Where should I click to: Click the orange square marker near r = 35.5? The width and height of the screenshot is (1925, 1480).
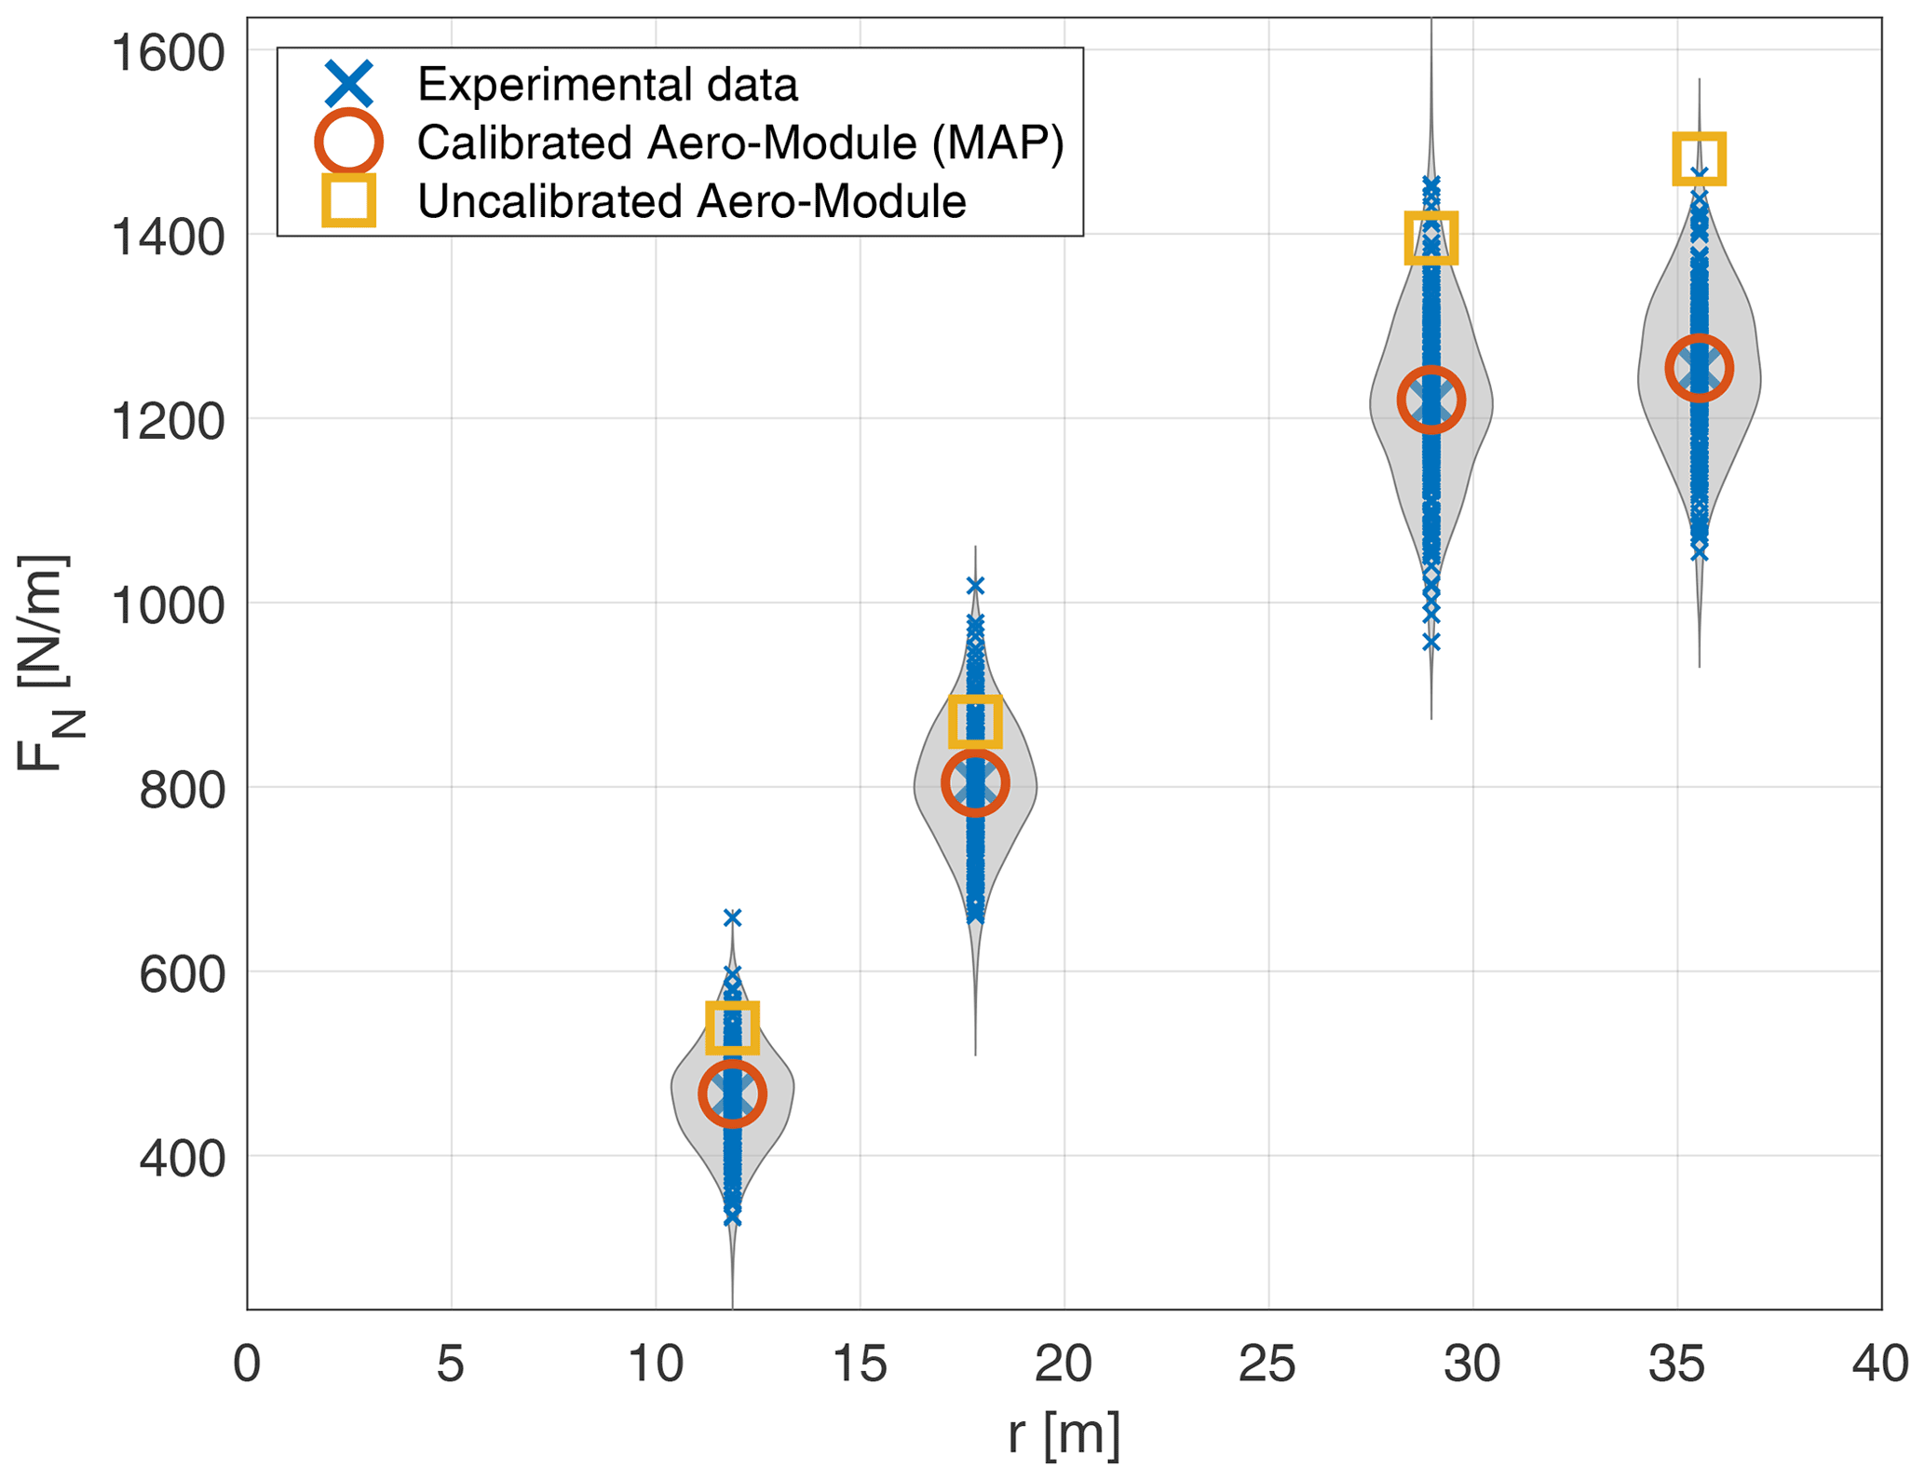[1699, 158]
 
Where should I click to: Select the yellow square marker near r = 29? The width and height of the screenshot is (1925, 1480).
[1430, 238]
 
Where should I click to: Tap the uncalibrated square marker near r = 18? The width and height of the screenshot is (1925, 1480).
[975, 722]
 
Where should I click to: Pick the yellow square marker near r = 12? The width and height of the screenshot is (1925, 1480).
[732, 1027]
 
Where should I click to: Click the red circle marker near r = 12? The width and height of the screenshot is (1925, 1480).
[732, 1094]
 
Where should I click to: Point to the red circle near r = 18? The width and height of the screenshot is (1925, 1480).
[975, 784]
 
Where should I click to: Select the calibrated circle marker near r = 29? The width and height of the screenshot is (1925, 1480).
[1430, 400]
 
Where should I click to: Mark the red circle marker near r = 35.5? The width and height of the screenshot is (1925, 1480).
[1699, 369]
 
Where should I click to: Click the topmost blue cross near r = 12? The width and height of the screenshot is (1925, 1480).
[732, 918]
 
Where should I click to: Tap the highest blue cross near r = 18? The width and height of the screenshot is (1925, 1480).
[975, 586]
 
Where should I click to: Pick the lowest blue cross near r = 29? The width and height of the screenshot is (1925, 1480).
[1430, 643]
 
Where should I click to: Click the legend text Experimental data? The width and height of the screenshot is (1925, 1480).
[607, 85]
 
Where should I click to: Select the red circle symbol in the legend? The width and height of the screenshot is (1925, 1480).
[349, 143]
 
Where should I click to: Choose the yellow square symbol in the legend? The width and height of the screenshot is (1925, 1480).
[349, 200]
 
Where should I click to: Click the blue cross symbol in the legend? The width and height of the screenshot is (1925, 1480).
[349, 84]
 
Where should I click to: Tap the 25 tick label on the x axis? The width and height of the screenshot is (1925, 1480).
[1268, 1365]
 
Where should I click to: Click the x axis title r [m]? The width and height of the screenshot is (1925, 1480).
[1064, 1434]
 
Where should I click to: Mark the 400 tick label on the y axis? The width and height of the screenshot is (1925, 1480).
[183, 1160]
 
